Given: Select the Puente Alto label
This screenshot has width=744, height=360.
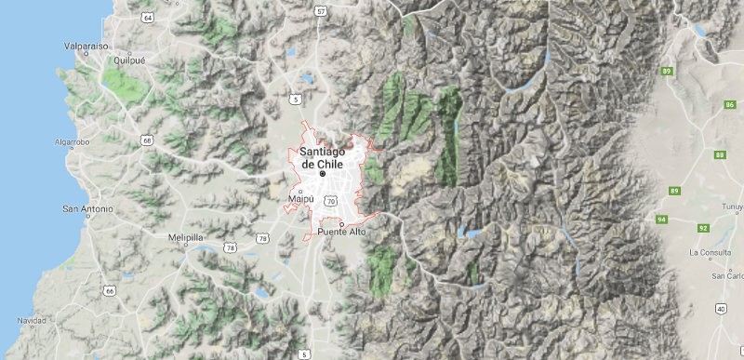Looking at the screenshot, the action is click(342, 231).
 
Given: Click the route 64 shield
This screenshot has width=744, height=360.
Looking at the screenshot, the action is click(149, 18).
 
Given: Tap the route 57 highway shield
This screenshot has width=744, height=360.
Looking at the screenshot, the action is click(321, 12).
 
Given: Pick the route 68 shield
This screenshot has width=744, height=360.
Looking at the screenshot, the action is click(147, 140).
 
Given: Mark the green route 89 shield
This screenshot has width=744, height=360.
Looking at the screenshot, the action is click(667, 71).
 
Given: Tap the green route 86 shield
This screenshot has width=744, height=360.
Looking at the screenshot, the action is click(728, 106).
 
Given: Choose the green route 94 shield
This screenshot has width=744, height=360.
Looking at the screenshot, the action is click(661, 220).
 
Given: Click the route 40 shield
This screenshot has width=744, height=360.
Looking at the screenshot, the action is click(721, 308).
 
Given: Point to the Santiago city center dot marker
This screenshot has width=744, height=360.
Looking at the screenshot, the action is click(323, 174).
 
